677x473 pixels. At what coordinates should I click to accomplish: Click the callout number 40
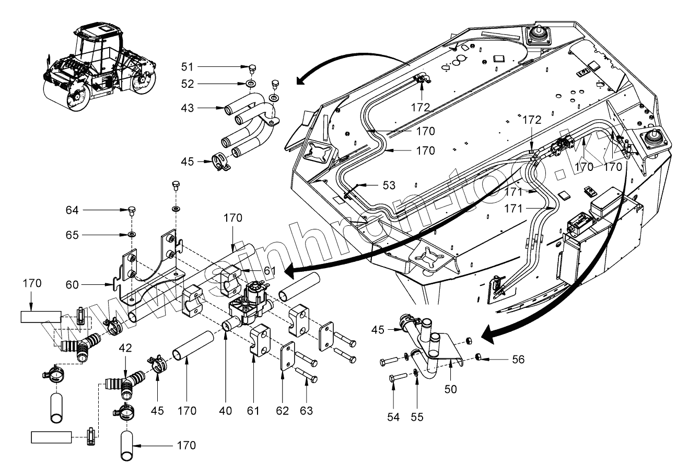coord(225,411)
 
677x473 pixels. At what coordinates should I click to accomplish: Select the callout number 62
coord(282,411)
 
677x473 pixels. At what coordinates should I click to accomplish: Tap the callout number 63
coord(306,411)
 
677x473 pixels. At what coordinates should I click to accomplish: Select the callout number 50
coord(450,389)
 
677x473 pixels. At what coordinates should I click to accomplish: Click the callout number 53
coord(388,185)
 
